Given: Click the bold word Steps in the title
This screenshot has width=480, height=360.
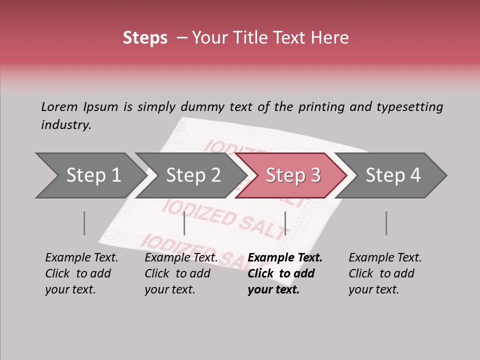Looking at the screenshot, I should [145, 38].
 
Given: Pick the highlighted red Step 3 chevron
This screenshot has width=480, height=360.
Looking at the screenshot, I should [293, 175].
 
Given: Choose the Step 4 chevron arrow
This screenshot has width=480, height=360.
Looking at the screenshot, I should [393, 175].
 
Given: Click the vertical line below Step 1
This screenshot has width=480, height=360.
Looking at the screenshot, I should [84, 223].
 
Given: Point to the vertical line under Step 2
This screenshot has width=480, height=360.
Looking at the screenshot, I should [184, 223].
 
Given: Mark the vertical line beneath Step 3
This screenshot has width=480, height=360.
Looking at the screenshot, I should [285, 223].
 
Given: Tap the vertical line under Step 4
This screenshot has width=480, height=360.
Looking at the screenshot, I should [386, 223].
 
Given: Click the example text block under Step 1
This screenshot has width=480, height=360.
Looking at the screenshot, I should [81, 273].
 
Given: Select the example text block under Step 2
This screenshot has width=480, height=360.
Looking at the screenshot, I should [180, 273].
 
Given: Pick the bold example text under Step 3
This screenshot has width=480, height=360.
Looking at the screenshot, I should [284, 273].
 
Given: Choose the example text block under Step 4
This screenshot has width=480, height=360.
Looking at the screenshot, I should [384, 273].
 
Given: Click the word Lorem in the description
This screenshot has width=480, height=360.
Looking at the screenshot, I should [59, 106].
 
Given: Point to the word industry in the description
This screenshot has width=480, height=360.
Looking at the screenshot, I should [66, 125].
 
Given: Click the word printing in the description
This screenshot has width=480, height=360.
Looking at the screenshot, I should [325, 106].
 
